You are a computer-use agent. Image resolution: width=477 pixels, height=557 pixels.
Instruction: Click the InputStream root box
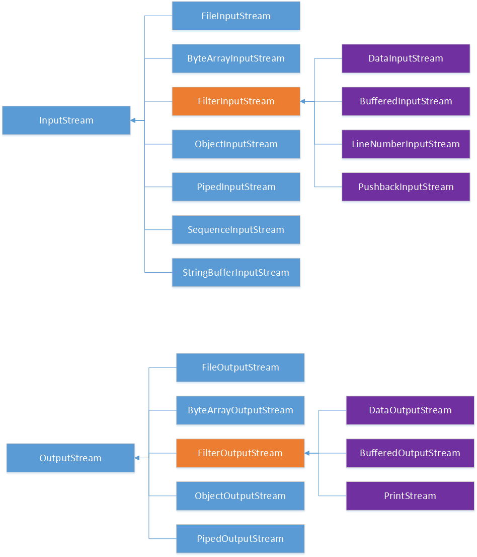[66, 120]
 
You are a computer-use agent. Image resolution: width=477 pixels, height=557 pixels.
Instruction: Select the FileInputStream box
[236, 16]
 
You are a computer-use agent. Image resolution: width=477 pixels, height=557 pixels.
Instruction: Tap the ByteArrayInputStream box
[236, 58]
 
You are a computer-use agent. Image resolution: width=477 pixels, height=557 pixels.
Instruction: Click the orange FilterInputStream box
[236, 101]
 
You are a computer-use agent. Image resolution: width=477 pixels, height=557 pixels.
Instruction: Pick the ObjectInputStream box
[236, 144]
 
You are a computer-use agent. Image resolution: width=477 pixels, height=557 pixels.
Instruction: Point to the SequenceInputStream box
[236, 230]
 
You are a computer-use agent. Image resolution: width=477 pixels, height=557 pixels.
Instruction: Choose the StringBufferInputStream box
[236, 273]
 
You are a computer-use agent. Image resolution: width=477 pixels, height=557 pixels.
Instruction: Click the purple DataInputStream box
[406, 58]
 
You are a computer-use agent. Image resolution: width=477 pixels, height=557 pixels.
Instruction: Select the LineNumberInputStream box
[406, 144]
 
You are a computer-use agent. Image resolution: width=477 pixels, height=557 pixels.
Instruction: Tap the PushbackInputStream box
[406, 187]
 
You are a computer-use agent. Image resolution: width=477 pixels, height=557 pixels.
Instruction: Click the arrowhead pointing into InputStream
[133, 120]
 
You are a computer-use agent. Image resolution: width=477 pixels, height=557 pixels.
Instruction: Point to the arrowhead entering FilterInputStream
[303, 101]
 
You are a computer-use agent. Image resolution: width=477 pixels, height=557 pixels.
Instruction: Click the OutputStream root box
[70, 458]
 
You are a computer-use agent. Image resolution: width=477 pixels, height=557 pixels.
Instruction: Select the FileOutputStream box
[240, 367]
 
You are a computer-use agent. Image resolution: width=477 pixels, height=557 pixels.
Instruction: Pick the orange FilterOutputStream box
[240, 453]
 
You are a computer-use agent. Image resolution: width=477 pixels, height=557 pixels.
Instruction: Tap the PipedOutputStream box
[240, 539]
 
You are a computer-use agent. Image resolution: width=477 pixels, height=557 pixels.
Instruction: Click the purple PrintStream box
[410, 496]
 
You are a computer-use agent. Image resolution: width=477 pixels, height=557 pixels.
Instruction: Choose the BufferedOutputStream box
[410, 453]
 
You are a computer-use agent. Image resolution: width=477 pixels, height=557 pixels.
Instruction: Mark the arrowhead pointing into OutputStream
[137, 458]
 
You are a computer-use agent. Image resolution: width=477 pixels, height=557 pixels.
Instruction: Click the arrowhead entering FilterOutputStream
[307, 453]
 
